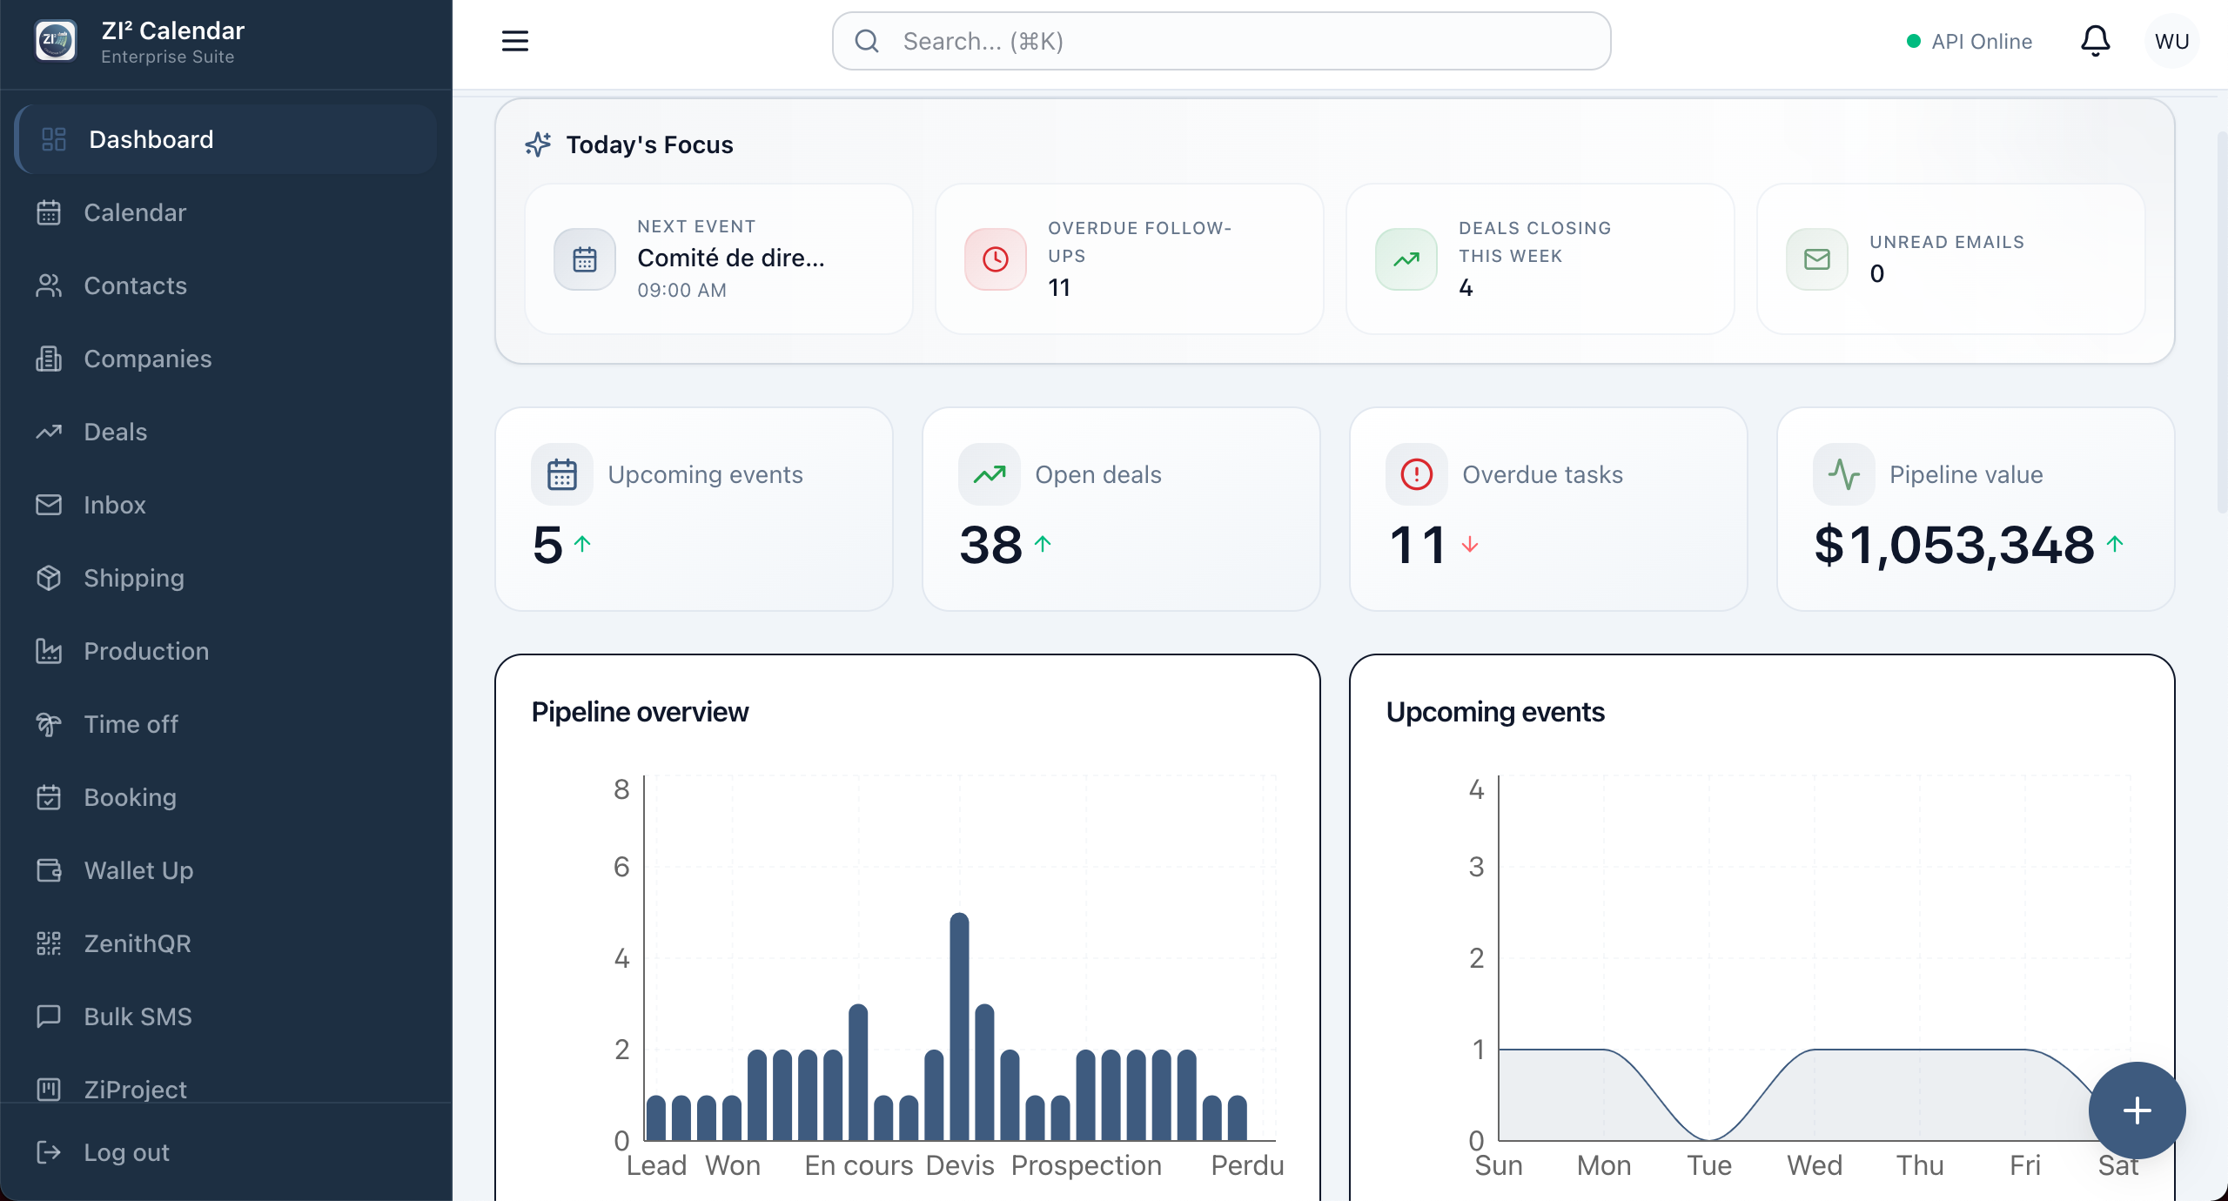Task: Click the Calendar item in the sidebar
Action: click(x=135, y=212)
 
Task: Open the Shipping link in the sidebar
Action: click(x=134, y=578)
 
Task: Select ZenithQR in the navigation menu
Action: click(x=138, y=943)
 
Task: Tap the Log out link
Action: click(x=126, y=1152)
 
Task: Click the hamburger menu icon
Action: click(x=515, y=41)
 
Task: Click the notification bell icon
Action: click(x=2096, y=41)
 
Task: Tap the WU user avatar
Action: click(x=2172, y=41)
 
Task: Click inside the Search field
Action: click(x=1222, y=41)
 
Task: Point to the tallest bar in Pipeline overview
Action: click(x=959, y=1026)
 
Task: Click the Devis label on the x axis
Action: click(x=960, y=1165)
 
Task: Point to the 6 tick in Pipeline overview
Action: click(x=621, y=867)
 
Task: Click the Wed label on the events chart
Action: click(x=1815, y=1165)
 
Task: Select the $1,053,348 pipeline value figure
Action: click(x=1954, y=546)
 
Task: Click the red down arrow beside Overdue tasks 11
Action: click(x=1470, y=545)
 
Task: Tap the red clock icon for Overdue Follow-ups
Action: click(x=996, y=258)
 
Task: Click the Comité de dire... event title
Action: click(x=731, y=258)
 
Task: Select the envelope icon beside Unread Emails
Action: click(x=1817, y=258)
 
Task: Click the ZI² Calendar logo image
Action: click(x=56, y=41)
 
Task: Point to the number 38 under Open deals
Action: click(x=991, y=546)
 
